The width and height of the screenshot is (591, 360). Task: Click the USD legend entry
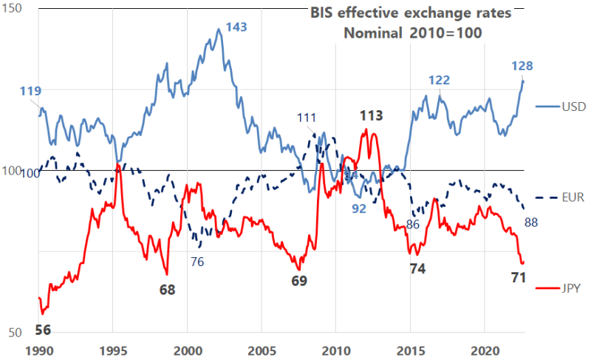click(x=573, y=106)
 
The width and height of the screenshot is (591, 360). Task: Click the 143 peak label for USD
click(x=236, y=27)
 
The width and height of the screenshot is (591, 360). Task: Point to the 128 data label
click(x=522, y=66)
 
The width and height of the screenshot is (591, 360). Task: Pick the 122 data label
click(x=440, y=80)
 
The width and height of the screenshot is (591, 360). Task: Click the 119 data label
click(x=30, y=91)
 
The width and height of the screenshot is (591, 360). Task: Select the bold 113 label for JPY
click(x=371, y=115)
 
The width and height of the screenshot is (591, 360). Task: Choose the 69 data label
click(x=299, y=281)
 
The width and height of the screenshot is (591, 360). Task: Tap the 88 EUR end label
click(x=531, y=223)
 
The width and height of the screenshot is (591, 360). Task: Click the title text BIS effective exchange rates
click(x=410, y=13)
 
